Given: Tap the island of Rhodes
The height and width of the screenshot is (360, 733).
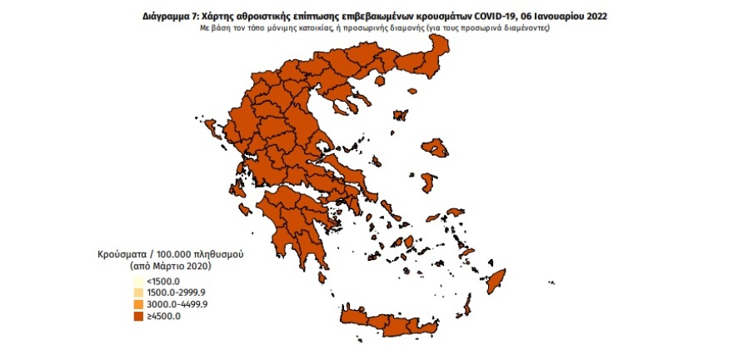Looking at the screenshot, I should point(496,279).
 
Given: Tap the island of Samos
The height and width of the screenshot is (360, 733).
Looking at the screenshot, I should point(456,212).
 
